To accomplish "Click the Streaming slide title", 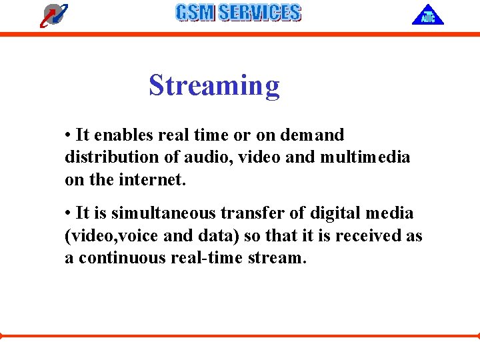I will click(214, 86).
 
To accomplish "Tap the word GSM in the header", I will click(195, 13).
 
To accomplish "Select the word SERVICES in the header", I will click(259, 13).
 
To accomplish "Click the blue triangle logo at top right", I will click(427, 15).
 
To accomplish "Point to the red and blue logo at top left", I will click(53, 15).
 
